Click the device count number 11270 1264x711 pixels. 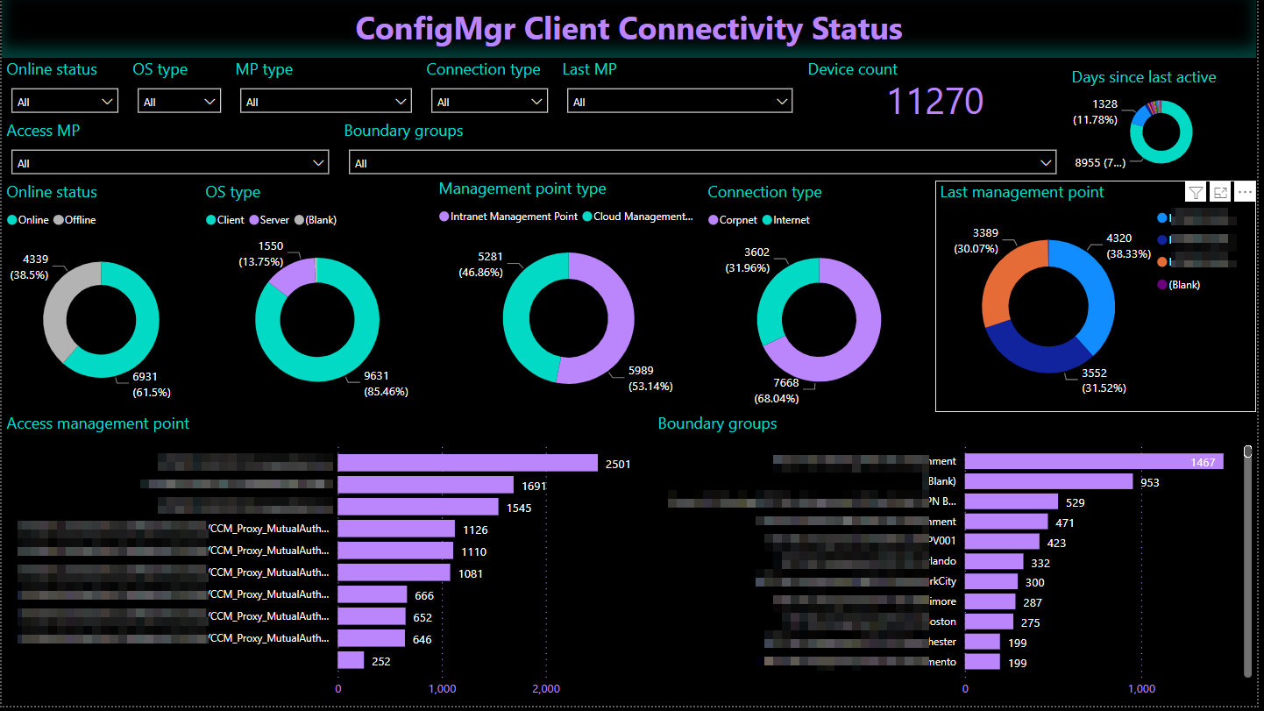point(935,102)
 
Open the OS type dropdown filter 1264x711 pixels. point(179,102)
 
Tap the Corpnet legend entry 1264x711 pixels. point(733,220)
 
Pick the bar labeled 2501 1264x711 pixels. point(467,463)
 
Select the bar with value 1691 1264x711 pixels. point(425,485)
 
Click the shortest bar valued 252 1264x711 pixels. point(351,660)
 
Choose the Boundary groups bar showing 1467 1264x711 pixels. point(1093,461)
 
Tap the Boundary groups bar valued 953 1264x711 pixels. point(1048,481)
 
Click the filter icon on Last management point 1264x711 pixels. point(1195,193)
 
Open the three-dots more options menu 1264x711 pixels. point(1245,193)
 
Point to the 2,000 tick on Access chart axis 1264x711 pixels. point(545,689)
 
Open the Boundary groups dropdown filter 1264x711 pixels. point(702,163)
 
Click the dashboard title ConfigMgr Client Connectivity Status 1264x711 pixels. point(628,29)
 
